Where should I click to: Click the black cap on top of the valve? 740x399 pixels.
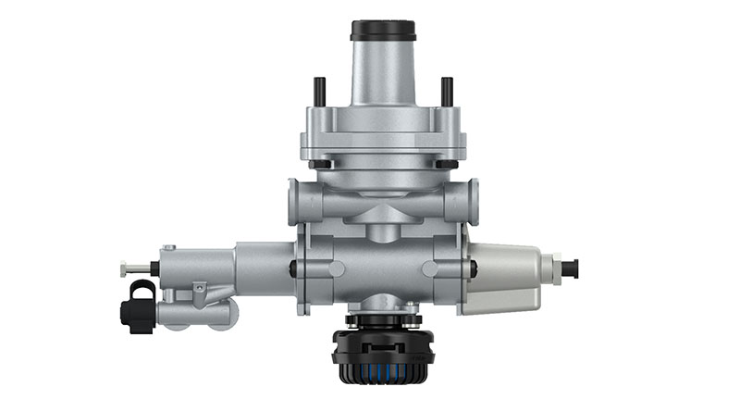382,30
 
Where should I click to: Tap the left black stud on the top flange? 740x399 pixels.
319,91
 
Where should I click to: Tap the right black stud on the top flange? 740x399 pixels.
446,91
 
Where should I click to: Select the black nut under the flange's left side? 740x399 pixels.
319,165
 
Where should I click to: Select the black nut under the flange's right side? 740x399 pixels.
446,165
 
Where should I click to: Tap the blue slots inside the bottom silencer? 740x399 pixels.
382,368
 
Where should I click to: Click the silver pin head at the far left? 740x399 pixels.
125,269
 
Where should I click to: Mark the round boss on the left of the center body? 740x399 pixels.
335,269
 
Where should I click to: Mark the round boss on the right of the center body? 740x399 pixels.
430,269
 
